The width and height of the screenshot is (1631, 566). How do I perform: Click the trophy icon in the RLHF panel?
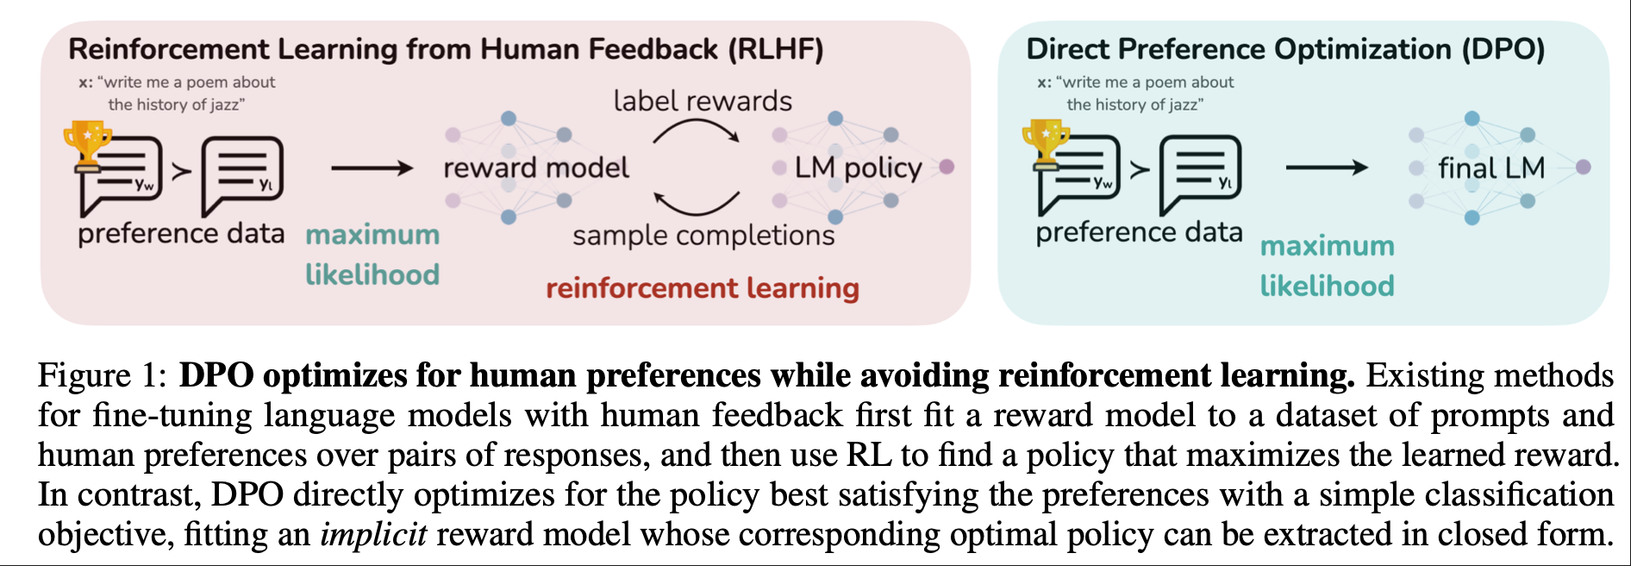[x=87, y=143]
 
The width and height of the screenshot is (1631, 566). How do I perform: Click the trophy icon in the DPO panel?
[x=1046, y=141]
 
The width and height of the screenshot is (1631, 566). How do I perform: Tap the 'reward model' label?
[x=536, y=167]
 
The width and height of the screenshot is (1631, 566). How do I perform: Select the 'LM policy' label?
[x=858, y=167]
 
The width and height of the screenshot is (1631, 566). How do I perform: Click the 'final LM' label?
[x=1491, y=167]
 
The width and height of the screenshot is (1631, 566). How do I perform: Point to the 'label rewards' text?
[x=703, y=101]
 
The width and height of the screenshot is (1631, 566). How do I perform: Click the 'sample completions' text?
[x=703, y=235]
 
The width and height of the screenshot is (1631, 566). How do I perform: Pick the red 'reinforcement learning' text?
[x=703, y=288]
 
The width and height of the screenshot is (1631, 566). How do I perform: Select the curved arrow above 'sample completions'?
[x=697, y=204]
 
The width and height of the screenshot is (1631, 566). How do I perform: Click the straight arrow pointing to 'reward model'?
[x=372, y=168]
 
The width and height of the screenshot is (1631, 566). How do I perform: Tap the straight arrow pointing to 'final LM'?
[x=1326, y=167]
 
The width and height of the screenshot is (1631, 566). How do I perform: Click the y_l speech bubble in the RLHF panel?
[x=242, y=175]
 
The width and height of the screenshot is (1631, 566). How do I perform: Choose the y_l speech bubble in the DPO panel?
[x=1200, y=174]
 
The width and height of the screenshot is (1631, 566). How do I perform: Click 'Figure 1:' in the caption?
[x=102, y=375]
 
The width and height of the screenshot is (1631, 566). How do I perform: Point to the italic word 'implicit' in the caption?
[x=373, y=534]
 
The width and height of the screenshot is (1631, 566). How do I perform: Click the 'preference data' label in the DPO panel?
[x=1139, y=232]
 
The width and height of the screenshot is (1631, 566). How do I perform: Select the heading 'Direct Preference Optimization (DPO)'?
[x=1285, y=49]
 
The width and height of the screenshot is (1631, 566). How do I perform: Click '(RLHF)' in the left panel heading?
[x=776, y=49]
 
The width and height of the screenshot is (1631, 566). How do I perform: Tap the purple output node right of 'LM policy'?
[x=947, y=167]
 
